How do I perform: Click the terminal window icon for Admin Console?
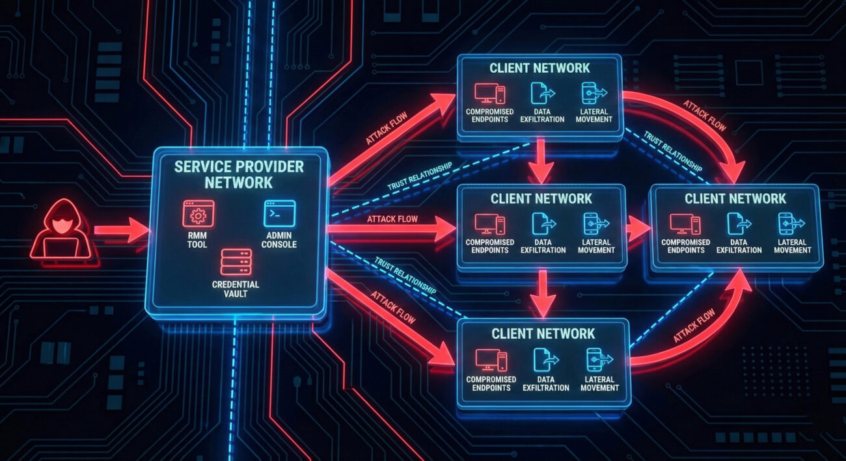279,213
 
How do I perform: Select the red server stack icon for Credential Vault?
236,262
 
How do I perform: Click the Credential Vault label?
236,289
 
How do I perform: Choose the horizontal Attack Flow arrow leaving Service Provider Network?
390,229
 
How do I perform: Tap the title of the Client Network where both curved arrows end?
735,199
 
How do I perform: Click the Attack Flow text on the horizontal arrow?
392,219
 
